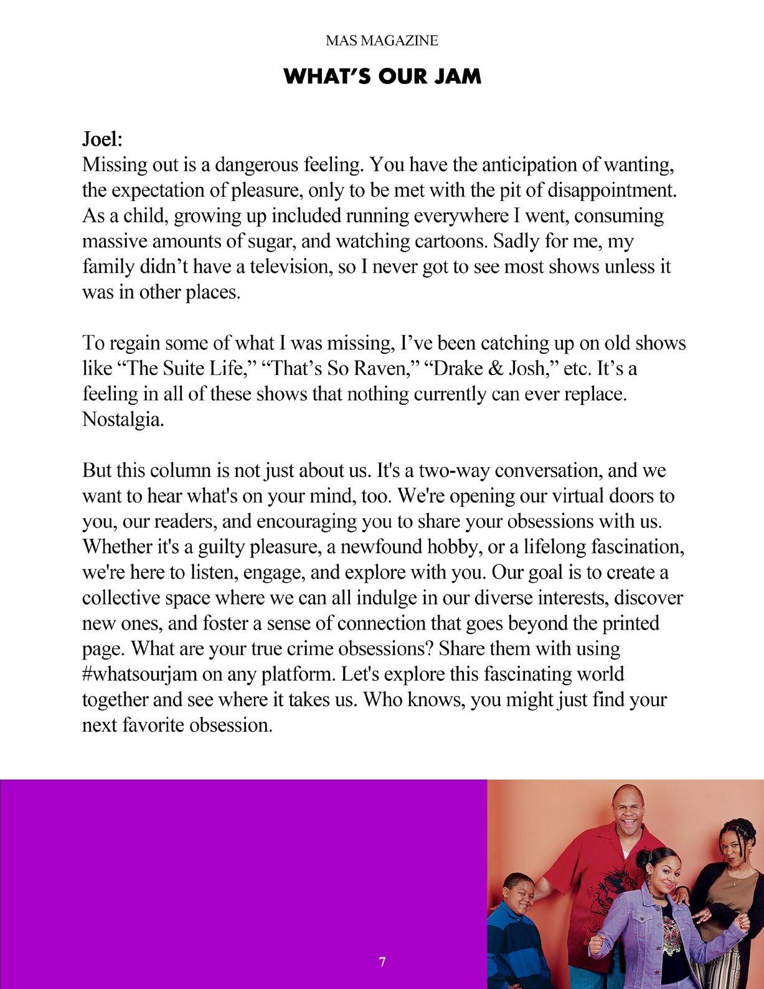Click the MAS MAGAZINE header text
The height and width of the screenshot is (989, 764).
[x=382, y=41]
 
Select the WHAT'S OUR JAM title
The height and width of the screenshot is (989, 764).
[x=382, y=77]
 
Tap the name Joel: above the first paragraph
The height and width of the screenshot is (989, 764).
[x=102, y=139]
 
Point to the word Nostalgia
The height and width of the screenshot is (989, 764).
[x=123, y=419]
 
